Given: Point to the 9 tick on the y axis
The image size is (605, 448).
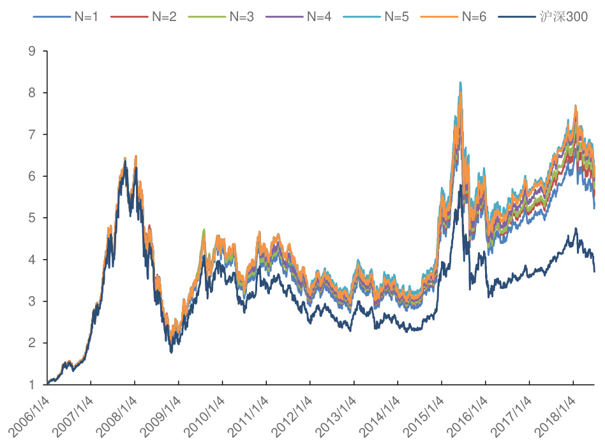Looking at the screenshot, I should [33, 51].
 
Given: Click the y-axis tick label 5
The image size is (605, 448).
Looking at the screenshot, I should [33, 218].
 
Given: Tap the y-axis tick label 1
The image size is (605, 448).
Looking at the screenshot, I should [33, 385].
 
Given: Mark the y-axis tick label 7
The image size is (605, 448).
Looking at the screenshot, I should [33, 135].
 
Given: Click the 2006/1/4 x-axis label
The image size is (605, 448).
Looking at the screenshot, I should [28, 417].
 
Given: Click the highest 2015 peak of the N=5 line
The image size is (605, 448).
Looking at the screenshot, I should [460, 83].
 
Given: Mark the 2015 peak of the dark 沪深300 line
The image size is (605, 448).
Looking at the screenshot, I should [460, 185].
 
